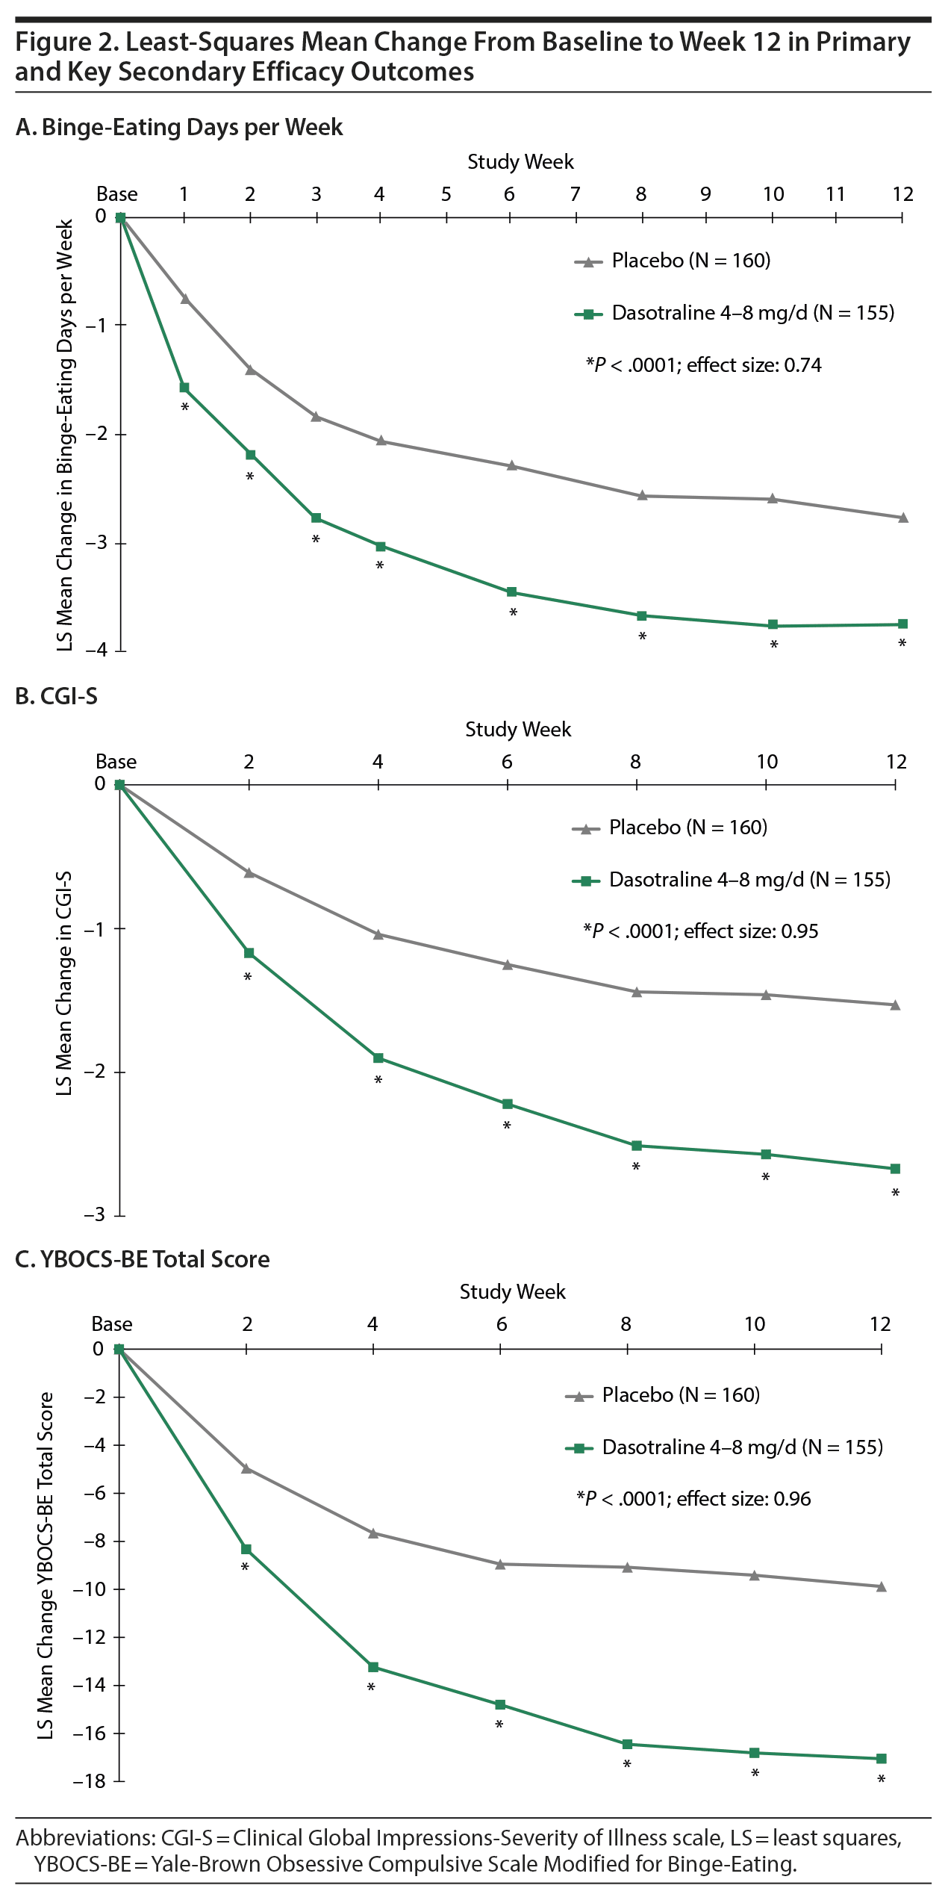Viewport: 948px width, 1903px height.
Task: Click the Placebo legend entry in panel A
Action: pyautogui.click(x=672, y=261)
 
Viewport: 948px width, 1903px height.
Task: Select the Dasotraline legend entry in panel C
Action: pyautogui.click(x=724, y=1447)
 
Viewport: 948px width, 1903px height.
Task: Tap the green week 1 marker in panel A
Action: pyautogui.click(x=184, y=388)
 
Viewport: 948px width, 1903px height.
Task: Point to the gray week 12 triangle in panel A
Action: pyautogui.click(x=902, y=517)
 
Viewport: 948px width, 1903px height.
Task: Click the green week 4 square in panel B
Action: pyautogui.click(x=378, y=1058)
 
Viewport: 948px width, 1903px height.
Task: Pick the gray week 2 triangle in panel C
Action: pyautogui.click(x=246, y=1468)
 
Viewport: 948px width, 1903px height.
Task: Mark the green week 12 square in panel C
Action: pyautogui.click(x=882, y=1758)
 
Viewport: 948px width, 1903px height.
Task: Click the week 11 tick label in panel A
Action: pyautogui.click(x=835, y=194)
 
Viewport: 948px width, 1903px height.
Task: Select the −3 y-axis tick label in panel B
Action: pyautogui.click(x=94, y=1215)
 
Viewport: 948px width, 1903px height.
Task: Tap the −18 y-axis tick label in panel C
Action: pyautogui.click(x=89, y=1781)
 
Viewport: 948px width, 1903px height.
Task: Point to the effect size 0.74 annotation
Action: pyautogui.click(x=703, y=365)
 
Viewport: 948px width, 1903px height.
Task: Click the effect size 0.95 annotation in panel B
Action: pyautogui.click(x=700, y=931)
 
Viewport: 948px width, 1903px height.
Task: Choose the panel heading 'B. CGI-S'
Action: pyautogui.click(x=57, y=696)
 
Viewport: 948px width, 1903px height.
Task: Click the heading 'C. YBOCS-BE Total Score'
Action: pyautogui.click(x=143, y=1259)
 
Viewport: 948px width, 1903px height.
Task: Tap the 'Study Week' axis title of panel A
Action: pyautogui.click(x=520, y=162)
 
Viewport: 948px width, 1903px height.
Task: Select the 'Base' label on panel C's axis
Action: pyautogui.click(x=112, y=1324)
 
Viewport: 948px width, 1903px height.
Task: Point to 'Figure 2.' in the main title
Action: pyautogui.click(x=66, y=43)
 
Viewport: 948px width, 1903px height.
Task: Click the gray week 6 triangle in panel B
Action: pyautogui.click(x=508, y=964)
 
